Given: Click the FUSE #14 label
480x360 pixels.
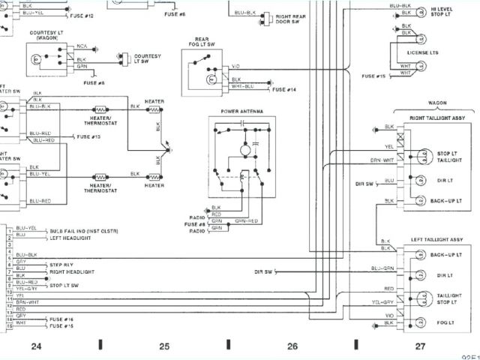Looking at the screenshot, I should (x=285, y=89).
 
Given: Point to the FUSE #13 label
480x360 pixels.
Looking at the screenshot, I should (x=88, y=136).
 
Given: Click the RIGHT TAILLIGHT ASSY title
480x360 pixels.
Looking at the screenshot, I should (x=436, y=118).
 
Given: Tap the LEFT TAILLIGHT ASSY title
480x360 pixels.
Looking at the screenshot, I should (x=437, y=239).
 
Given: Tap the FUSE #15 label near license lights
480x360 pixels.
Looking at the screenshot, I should (x=373, y=76).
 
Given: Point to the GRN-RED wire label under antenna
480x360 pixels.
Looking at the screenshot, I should (x=246, y=221).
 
